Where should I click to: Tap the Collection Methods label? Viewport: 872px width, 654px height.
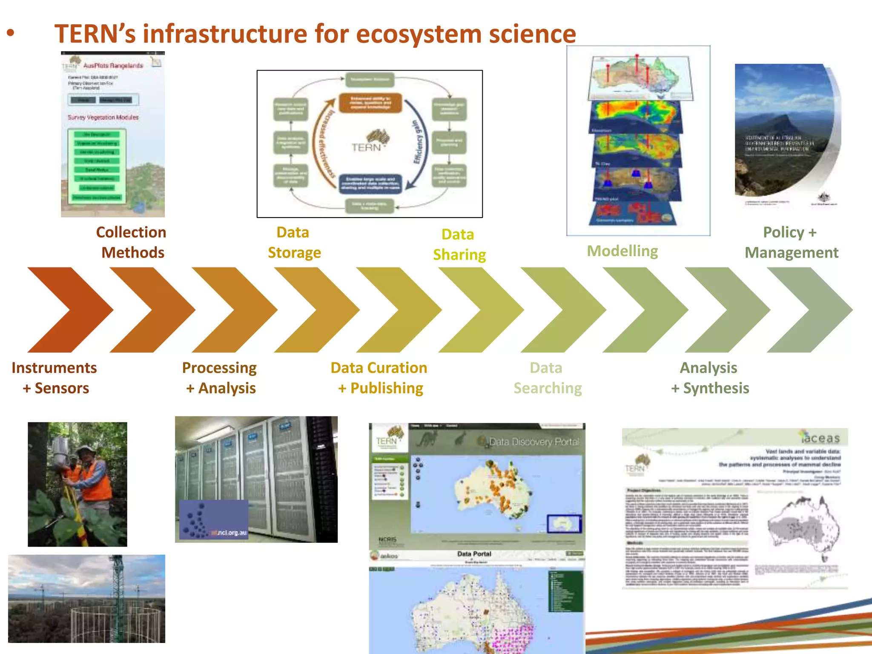pyautogui.click(x=132, y=242)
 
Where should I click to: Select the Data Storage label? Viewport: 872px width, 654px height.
pyautogui.click(x=294, y=242)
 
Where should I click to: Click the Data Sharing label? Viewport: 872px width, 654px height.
pyautogui.click(x=459, y=244)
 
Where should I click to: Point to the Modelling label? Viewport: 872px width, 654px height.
pyautogui.click(x=622, y=251)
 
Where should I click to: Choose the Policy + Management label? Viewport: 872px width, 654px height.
pyautogui.click(x=791, y=242)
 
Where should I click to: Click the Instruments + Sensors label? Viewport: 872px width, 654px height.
pyautogui.click(x=54, y=378)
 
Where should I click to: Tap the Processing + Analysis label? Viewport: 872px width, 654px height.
pyautogui.click(x=220, y=378)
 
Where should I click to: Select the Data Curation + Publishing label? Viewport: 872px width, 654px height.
pyautogui.click(x=379, y=378)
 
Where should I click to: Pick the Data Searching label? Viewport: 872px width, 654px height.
pyautogui.click(x=547, y=378)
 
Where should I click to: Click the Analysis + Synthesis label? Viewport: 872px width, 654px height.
pyautogui.click(x=709, y=378)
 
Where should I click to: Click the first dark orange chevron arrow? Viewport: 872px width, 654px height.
pyautogui.click(x=70, y=310)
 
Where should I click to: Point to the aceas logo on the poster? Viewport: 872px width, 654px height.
pyautogui.click(x=820, y=437)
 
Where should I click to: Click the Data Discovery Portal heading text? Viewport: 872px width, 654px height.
pyautogui.click(x=534, y=442)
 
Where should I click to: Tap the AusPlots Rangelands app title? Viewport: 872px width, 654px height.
pyautogui.click(x=113, y=66)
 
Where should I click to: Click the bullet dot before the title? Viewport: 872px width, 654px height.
pyautogui.click(x=11, y=33)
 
